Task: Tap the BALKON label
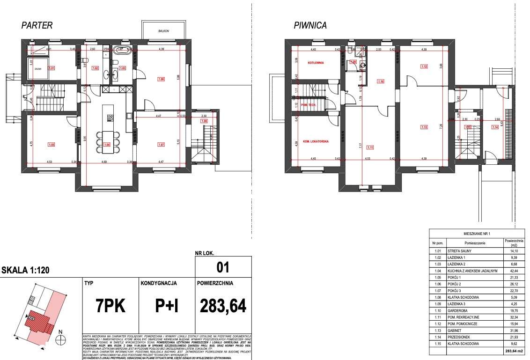(x=163, y=31)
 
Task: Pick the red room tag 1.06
(x=162, y=79)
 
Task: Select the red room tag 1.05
(x=52, y=144)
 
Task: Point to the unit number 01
(x=223, y=268)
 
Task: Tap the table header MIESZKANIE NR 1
(x=477, y=233)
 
